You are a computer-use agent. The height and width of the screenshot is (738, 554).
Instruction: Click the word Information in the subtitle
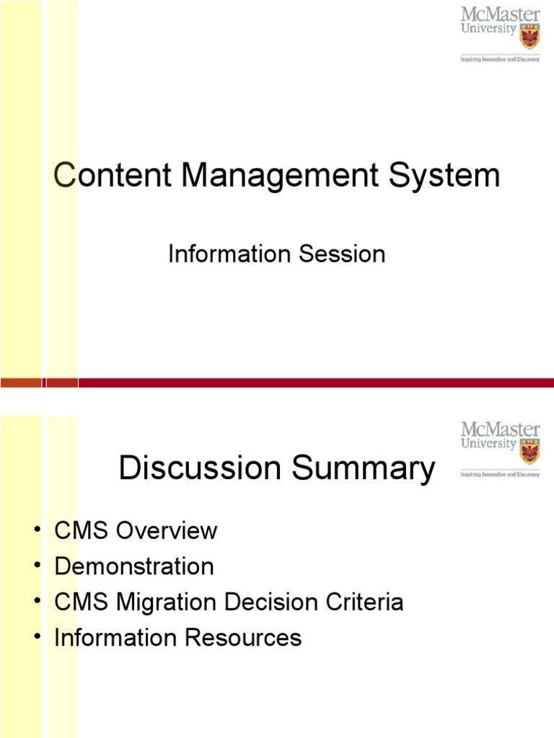point(229,254)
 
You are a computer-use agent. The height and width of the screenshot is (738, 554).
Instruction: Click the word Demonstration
point(134,566)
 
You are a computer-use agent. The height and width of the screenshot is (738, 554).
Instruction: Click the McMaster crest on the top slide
point(529,34)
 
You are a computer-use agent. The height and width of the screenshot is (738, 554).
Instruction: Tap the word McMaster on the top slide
point(501,14)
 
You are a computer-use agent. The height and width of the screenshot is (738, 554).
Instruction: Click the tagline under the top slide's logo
point(501,60)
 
